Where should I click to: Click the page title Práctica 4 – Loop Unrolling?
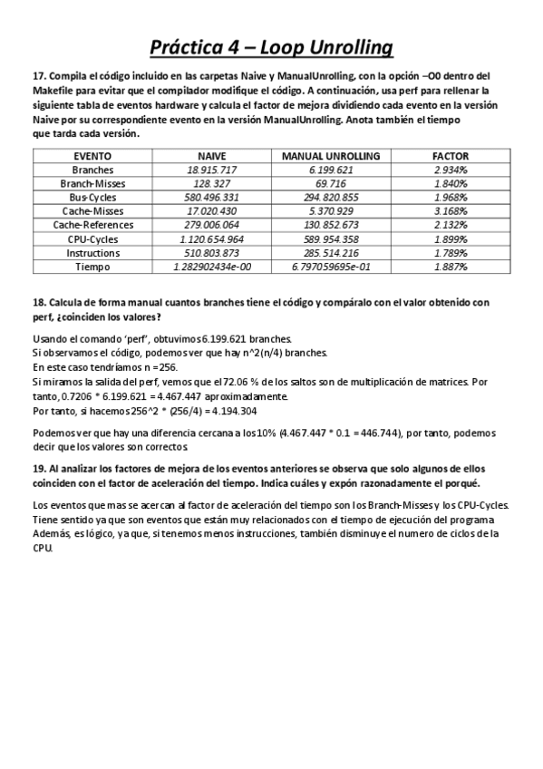point(271,46)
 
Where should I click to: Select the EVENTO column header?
point(93,156)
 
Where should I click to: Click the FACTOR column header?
point(451,156)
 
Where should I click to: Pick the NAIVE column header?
point(211,156)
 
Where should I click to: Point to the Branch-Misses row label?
point(93,183)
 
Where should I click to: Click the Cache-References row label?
point(93,225)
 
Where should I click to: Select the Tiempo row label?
point(93,267)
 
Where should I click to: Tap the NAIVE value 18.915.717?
point(211,170)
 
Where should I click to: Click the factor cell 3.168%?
point(451,211)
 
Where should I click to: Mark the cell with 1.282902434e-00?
point(211,268)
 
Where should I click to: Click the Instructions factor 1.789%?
point(451,253)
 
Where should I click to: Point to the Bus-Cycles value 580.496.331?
point(211,198)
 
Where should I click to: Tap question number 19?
point(39,468)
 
